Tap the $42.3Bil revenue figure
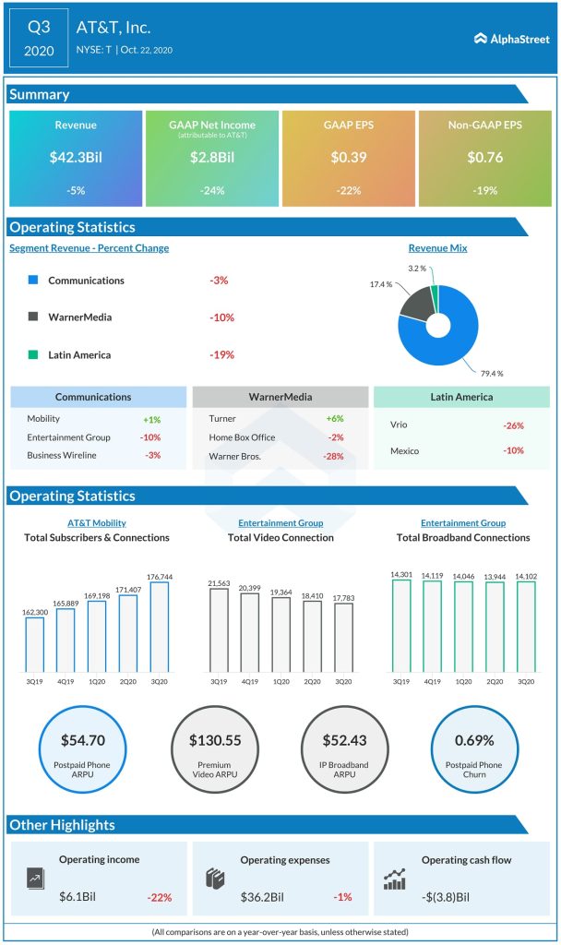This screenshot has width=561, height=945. click(x=76, y=158)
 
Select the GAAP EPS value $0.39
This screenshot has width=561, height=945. click(x=348, y=158)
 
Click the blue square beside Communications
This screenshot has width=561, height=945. click(x=33, y=281)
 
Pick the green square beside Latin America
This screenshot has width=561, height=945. click(x=33, y=354)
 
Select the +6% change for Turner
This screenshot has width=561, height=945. click(x=334, y=419)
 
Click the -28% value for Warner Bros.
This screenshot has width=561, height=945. click(x=334, y=456)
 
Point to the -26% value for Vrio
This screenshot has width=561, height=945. click(x=514, y=425)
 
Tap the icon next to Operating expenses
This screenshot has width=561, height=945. click(x=215, y=879)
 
